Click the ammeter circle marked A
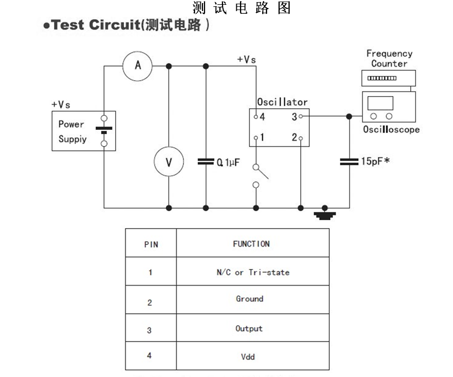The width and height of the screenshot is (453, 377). (x=137, y=65)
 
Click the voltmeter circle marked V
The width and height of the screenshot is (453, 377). (x=169, y=162)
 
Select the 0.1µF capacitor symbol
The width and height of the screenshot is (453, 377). (x=206, y=162)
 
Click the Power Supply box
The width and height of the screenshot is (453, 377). (x=84, y=131)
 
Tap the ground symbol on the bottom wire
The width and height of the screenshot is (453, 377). (x=325, y=214)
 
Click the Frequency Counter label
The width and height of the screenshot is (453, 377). (x=389, y=59)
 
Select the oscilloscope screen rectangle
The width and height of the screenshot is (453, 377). (x=381, y=103)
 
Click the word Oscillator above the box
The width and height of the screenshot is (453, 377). (x=282, y=102)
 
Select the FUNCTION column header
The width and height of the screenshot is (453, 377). (x=251, y=244)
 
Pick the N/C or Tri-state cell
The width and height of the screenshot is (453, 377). (x=253, y=272)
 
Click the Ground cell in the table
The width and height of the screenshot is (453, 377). (x=249, y=299)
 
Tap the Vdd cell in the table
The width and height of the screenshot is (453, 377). (x=247, y=357)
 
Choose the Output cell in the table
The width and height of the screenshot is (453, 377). (x=249, y=328)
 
